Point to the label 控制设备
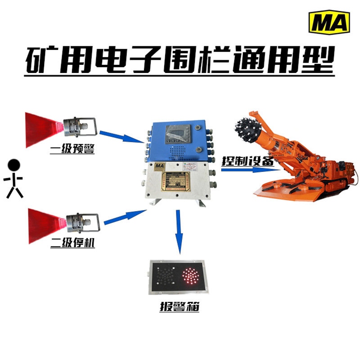point(247,161)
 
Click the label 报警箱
point(179,308)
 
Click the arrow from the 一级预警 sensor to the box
point(121,138)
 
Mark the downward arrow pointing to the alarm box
point(179,234)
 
